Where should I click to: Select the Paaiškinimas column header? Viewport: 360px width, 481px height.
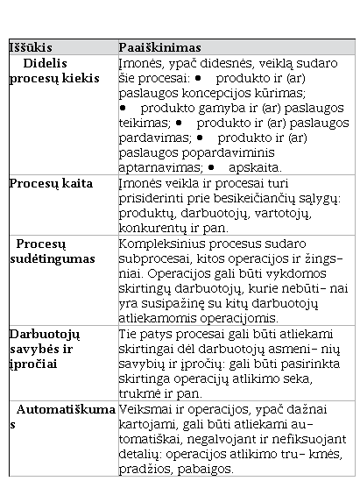coord(159,46)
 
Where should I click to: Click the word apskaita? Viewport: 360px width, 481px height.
coord(252,166)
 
